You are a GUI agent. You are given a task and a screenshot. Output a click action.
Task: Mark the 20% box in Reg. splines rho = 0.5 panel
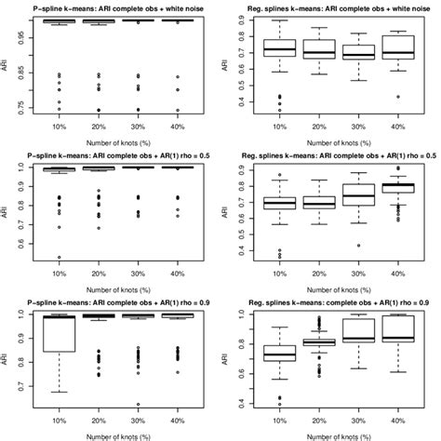317,203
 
